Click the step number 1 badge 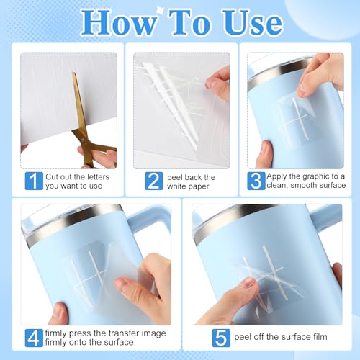[x=34, y=181]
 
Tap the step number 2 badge [x=154, y=181]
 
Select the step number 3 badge [x=256, y=181]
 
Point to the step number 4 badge [x=34, y=338]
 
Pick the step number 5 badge [x=221, y=338]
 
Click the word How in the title [x=118, y=23]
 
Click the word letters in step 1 [x=97, y=177]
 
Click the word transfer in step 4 [x=123, y=333]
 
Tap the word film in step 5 [x=320, y=337]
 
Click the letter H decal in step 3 [x=297, y=119]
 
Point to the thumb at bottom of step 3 [x=264, y=153]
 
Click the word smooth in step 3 [x=305, y=185]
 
